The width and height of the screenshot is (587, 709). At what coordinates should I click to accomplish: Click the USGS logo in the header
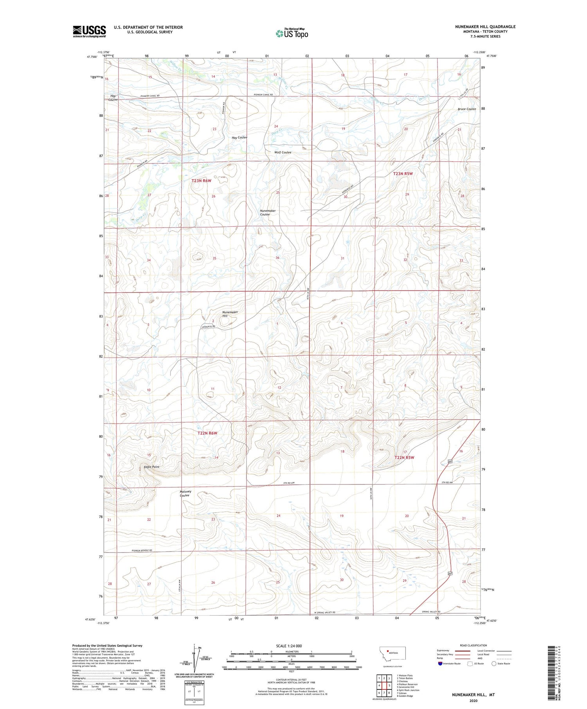tap(89, 31)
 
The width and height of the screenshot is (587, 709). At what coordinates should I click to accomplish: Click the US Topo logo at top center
tap(292, 34)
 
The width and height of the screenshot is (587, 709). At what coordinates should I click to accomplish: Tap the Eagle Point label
tap(151, 467)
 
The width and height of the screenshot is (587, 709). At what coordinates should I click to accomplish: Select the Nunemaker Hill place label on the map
tap(230, 314)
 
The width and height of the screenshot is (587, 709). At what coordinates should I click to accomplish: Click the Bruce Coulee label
tap(466, 109)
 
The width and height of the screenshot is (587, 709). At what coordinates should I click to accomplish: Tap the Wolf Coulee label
tap(283, 153)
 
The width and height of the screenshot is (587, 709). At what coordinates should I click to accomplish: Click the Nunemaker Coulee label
tap(268, 212)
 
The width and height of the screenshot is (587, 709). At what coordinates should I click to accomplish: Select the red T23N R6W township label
tap(202, 181)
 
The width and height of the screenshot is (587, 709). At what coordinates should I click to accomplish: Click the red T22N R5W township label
tap(404, 458)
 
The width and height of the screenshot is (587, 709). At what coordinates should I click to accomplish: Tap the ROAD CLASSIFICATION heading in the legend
tap(474, 645)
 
